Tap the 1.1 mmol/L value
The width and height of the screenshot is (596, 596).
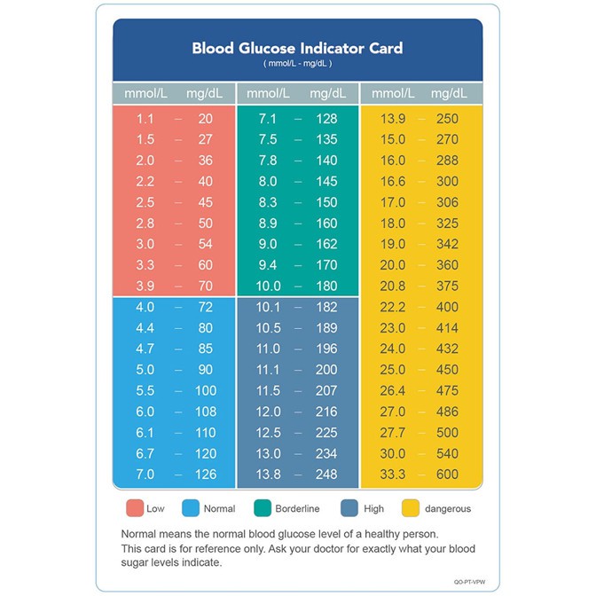tap(145, 119)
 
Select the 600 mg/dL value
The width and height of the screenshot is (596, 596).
tap(447, 474)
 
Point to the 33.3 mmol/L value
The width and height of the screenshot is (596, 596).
tap(393, 474)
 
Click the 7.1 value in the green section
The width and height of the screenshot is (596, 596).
tap(268, 119)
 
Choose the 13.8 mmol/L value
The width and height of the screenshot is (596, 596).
tap(268, 474)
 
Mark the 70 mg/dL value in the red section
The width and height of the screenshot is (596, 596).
tap(205, 286)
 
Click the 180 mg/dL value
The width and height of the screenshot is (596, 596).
tap(326, 286)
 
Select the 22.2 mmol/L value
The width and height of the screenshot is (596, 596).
tap(393, 306)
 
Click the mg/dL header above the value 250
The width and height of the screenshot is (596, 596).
tap(450, 93)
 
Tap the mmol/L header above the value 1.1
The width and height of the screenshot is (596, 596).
tap(145, 93)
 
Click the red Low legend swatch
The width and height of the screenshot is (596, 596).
tap(135, 508)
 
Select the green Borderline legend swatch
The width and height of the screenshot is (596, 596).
tap(263, 508)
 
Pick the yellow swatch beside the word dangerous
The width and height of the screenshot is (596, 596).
tap(411, 508)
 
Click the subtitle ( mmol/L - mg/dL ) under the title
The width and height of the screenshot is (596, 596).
tap(297, 64)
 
